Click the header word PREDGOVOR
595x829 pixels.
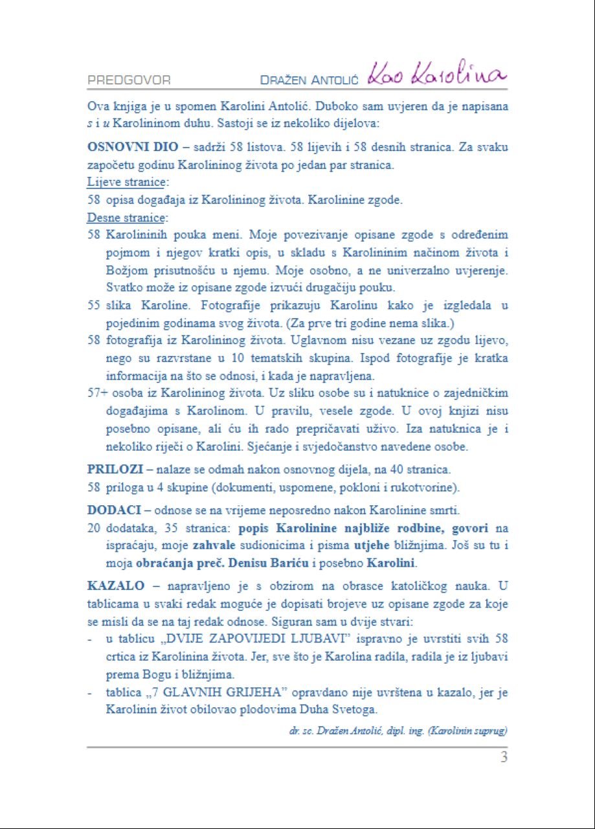coord(129,80)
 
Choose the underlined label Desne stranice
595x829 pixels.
coord(126,218)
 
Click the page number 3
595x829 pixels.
coord(503,756)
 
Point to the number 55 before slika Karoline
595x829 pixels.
coord(94,306)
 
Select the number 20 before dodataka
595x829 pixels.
coord(94,528)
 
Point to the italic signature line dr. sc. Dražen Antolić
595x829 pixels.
coord(398,731)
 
